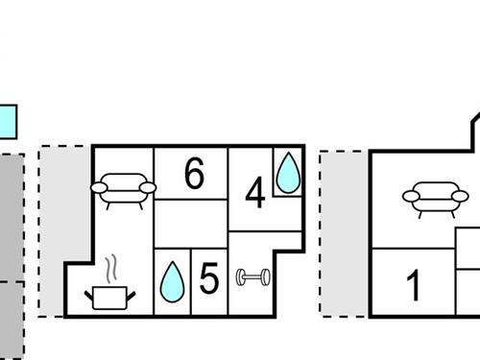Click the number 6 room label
194,175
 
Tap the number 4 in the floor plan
254,194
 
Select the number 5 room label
209,279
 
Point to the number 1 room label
414,285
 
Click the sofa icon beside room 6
122,186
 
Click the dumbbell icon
252,277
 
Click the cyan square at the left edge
8,122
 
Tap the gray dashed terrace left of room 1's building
344,233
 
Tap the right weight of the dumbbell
265,277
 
